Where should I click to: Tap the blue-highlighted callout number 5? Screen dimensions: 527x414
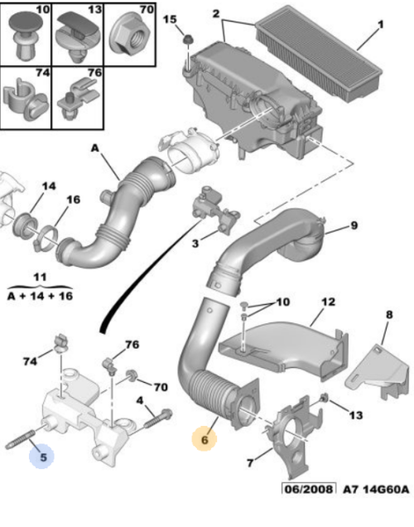point(39,454)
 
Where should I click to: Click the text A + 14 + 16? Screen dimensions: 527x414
point(41,294)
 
